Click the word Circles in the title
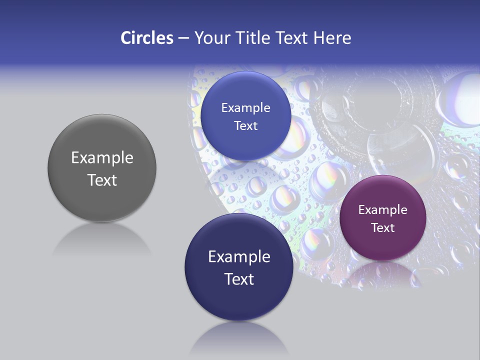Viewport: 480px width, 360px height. [x=147, y=38]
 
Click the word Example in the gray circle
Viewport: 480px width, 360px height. [x=102, y=158]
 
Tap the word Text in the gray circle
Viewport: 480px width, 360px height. [x=102, y=180]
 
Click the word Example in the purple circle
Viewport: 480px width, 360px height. [x=382, y=210]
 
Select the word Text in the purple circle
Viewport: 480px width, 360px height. [x=382, y=228]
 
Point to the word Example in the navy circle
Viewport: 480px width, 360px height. [x=239, y=257]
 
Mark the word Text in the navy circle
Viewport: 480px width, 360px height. [x=239, y=279]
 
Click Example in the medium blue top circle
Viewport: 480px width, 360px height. [x=245, y=108]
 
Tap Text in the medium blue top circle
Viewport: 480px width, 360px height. [x=245, y=126]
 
